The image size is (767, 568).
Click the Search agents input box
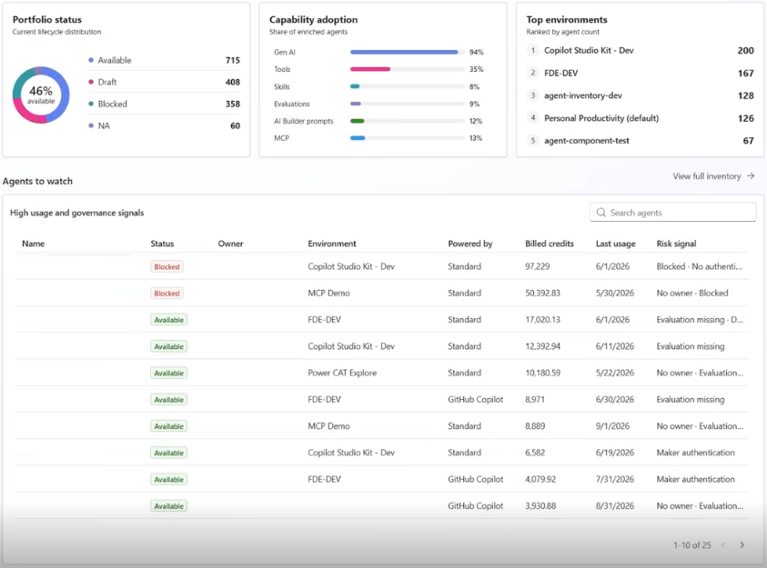672,213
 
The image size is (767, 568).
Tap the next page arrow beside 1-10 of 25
742,545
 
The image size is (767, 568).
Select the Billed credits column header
550,244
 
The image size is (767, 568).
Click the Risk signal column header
676,244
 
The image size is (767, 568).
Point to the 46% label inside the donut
41,91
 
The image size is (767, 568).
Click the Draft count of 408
233,82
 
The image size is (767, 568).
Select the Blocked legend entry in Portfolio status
107,104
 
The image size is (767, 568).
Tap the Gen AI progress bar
404,52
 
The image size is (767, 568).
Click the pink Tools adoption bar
370,69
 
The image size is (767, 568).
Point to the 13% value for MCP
476,138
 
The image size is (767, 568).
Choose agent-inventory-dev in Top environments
583,95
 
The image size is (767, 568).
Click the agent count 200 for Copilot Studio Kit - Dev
745,50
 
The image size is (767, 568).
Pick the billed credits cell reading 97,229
537,266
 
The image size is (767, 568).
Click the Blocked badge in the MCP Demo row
167,293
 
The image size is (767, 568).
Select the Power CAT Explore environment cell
342,373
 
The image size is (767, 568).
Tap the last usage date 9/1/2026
612,426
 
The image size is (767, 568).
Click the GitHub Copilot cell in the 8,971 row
475,400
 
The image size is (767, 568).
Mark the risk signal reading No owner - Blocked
692,293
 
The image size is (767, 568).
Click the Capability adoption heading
313,19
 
